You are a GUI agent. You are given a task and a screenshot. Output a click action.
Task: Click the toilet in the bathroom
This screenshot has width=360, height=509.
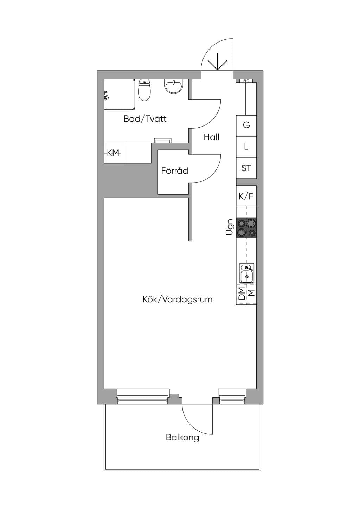[144, 90]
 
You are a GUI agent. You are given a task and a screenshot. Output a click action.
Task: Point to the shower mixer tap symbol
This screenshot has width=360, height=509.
[106, 96]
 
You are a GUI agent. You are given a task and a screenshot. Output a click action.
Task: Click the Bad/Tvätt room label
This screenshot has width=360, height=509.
[145, 119]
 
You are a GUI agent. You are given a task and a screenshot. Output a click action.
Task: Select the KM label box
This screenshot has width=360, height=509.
[114, 153]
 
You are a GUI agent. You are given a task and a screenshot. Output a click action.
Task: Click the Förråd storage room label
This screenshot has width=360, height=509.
[174, 170]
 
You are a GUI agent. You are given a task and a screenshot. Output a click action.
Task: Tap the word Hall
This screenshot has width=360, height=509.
[211, 137]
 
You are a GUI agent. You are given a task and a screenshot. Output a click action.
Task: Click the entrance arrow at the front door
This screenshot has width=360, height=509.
[218, 62]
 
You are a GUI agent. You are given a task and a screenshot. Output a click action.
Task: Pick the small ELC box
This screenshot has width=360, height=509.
[246, 80]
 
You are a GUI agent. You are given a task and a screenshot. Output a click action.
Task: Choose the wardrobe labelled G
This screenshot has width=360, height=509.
[246, 126]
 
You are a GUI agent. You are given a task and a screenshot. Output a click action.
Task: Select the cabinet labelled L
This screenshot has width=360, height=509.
[246, 147]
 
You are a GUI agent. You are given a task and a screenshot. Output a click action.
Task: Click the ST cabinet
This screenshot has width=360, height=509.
[246, 168]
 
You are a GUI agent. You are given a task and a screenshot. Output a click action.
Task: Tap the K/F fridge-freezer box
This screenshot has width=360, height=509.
[246, 196]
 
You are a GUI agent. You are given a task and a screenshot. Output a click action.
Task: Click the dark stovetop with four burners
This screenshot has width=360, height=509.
[246, 228]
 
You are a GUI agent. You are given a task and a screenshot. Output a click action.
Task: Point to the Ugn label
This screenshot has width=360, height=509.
[230, 227]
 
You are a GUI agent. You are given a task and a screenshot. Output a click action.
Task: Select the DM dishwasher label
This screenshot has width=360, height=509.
[242, 294]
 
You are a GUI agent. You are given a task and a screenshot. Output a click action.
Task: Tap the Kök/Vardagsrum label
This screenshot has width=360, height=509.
[178, 299]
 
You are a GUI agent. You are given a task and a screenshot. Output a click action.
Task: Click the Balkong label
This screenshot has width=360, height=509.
[182, 437]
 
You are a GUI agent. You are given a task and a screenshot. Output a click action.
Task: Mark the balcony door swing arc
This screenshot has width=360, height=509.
[191, 425]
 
